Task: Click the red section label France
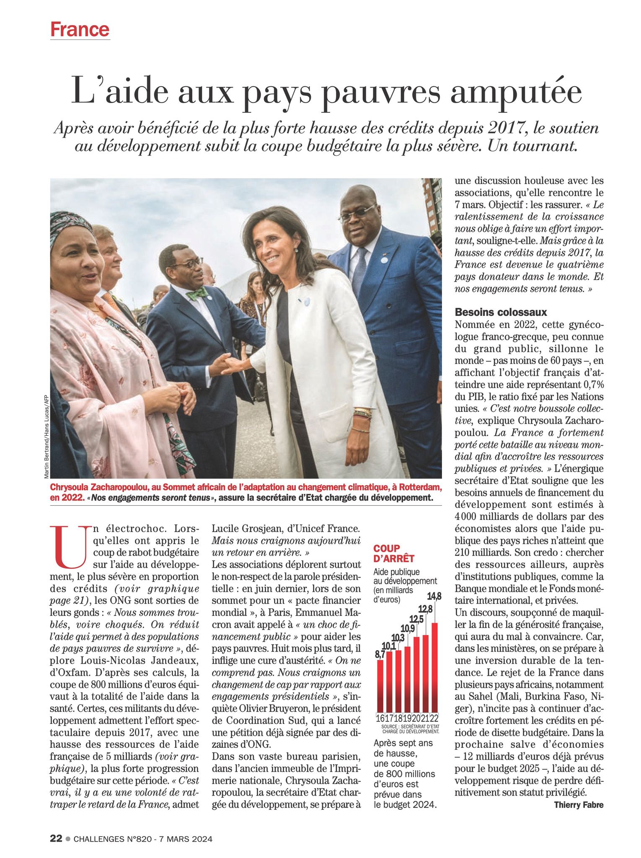click(80, 29)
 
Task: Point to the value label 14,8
click(434, 597)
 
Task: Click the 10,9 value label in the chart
click(408, 628)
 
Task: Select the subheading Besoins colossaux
click(501, 312)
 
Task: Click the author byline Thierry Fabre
click(579, 805)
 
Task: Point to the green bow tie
click(197, 294)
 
